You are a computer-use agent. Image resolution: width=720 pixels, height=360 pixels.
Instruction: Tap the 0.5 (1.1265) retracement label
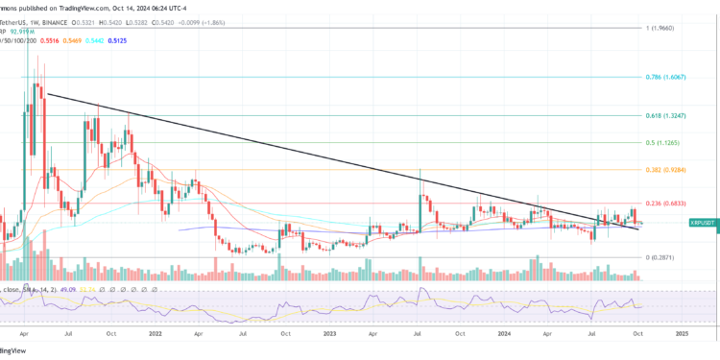tap(663, 142)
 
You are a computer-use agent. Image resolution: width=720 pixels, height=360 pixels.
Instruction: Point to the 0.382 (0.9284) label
tap(666, 169)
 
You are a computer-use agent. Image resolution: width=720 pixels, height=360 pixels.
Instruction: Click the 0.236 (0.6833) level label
tap(666, 204)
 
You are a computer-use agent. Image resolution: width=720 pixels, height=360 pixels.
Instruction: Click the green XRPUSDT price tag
tap(704, 223)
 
